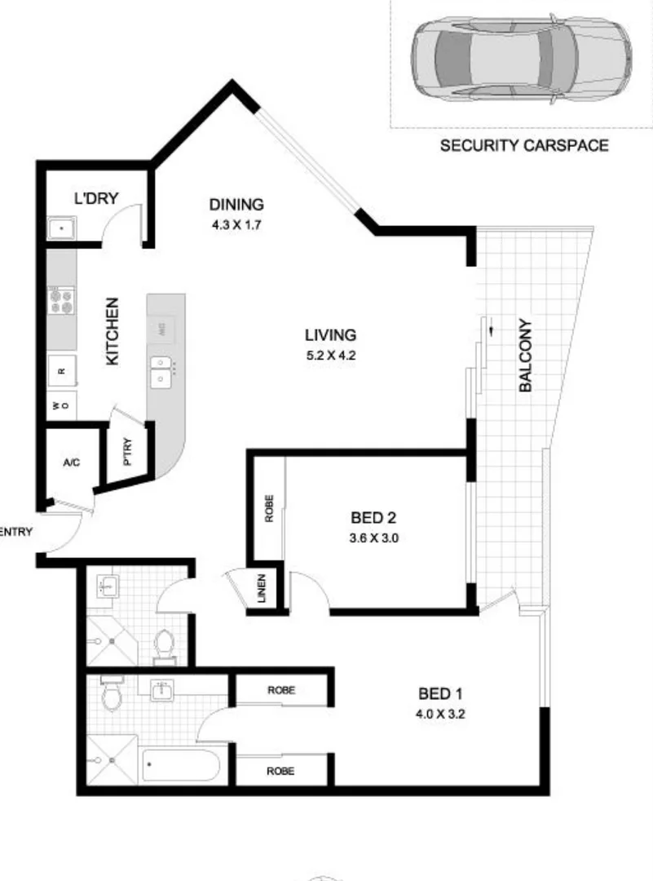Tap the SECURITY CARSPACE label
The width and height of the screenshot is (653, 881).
coord(524,146)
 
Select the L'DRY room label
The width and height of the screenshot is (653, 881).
coord(96,197)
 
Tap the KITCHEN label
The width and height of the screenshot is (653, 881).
coord(113,330)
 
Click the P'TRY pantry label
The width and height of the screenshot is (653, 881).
coord(128,451)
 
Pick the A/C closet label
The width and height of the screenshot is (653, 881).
coord(71,463)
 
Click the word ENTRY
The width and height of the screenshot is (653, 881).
coord(16,533)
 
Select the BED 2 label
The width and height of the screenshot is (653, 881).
coord(373,517)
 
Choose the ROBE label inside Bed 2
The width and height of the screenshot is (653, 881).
coord(269,509)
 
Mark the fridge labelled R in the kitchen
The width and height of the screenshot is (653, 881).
coord(61,370)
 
